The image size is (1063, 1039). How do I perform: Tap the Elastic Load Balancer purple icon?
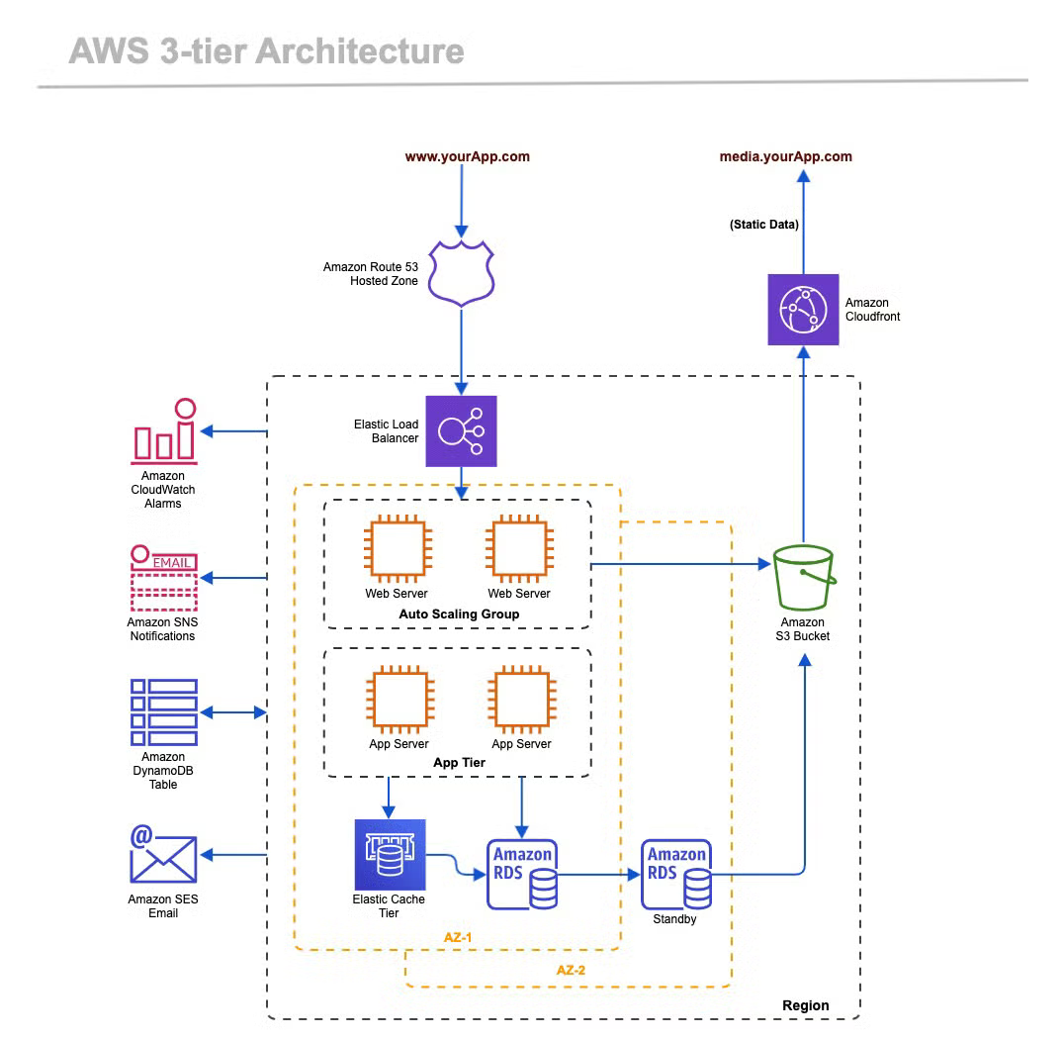(461, 430)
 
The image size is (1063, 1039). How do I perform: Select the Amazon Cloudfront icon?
(803, 310)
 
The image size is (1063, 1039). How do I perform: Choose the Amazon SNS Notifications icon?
(163, 579)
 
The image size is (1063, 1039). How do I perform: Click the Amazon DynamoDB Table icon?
(164, 712)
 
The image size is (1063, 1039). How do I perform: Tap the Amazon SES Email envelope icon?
(163, 854)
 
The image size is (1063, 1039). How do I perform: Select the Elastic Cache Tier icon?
(390, 854)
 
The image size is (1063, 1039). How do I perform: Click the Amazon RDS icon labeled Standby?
(676, 875)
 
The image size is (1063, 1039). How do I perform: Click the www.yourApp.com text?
(467, 156)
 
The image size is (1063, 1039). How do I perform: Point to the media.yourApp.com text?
(785, 156)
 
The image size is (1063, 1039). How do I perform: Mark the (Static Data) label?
(764, 225)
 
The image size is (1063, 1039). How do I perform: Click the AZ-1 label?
(458, 935)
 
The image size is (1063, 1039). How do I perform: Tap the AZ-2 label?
(571, 971)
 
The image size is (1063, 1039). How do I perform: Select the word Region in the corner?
(805, 1005)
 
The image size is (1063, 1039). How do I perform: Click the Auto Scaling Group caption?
(459, 614)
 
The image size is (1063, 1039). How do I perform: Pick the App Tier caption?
(459, 763)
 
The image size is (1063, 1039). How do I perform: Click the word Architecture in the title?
(365, 51)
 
